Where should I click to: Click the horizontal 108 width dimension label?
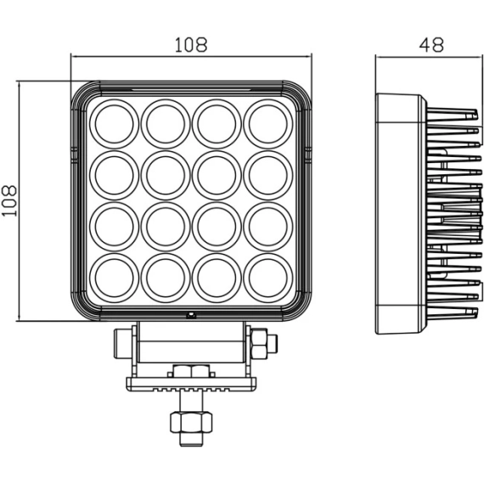191,45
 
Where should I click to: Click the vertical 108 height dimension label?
9,201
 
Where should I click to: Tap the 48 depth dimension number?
431,45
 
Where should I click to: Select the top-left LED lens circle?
115,124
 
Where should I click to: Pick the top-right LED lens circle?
268,124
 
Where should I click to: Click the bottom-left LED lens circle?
115,278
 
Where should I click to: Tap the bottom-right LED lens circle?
268,278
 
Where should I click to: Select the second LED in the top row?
166,124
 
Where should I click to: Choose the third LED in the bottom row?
217,278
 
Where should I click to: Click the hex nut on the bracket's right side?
259,344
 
